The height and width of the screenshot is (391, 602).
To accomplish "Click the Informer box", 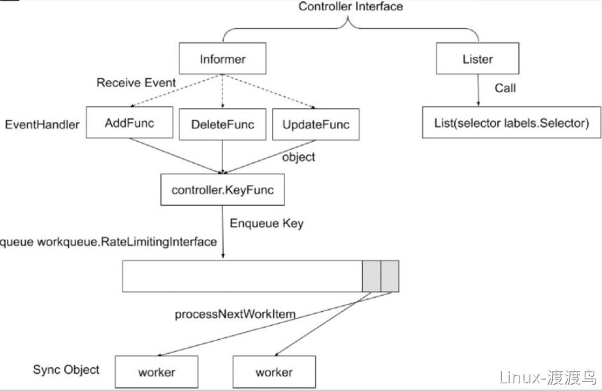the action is tap(222, 58).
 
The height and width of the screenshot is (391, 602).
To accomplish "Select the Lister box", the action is tap(477, 58).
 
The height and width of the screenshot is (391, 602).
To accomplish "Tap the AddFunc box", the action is tap(129, 123).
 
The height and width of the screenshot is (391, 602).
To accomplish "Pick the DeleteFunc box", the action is tap(222, 124).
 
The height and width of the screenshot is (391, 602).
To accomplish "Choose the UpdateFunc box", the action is tap(316, 124).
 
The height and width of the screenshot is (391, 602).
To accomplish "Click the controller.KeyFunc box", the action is tap(222, 190).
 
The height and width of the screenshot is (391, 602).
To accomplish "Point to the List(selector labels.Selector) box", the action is tap(511, 123).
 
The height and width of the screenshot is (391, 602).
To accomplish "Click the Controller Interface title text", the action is tap(350, 6).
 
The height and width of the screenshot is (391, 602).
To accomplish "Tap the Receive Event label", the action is tap(136, 82).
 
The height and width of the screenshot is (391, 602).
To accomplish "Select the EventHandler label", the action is tap(42, 125).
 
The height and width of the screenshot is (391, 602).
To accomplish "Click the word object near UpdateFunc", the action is tap(298, 157).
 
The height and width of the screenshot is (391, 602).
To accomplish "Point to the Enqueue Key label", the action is tap(266, 224).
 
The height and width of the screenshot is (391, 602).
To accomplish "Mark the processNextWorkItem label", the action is tap(235, 314).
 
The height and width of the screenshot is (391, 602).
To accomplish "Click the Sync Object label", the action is tap(66, 369).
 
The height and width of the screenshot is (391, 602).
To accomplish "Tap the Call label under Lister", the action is tap(505, 88).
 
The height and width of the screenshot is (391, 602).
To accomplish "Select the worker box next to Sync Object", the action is tap(157, 372).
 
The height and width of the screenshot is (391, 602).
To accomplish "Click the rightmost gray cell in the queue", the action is tap(390, 276).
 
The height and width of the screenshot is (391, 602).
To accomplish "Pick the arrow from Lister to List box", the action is tap(478, 90).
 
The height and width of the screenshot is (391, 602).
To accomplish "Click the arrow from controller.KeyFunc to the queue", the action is tap(222, 232).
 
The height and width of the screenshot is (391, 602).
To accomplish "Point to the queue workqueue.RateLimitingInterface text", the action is tap(108, 242).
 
